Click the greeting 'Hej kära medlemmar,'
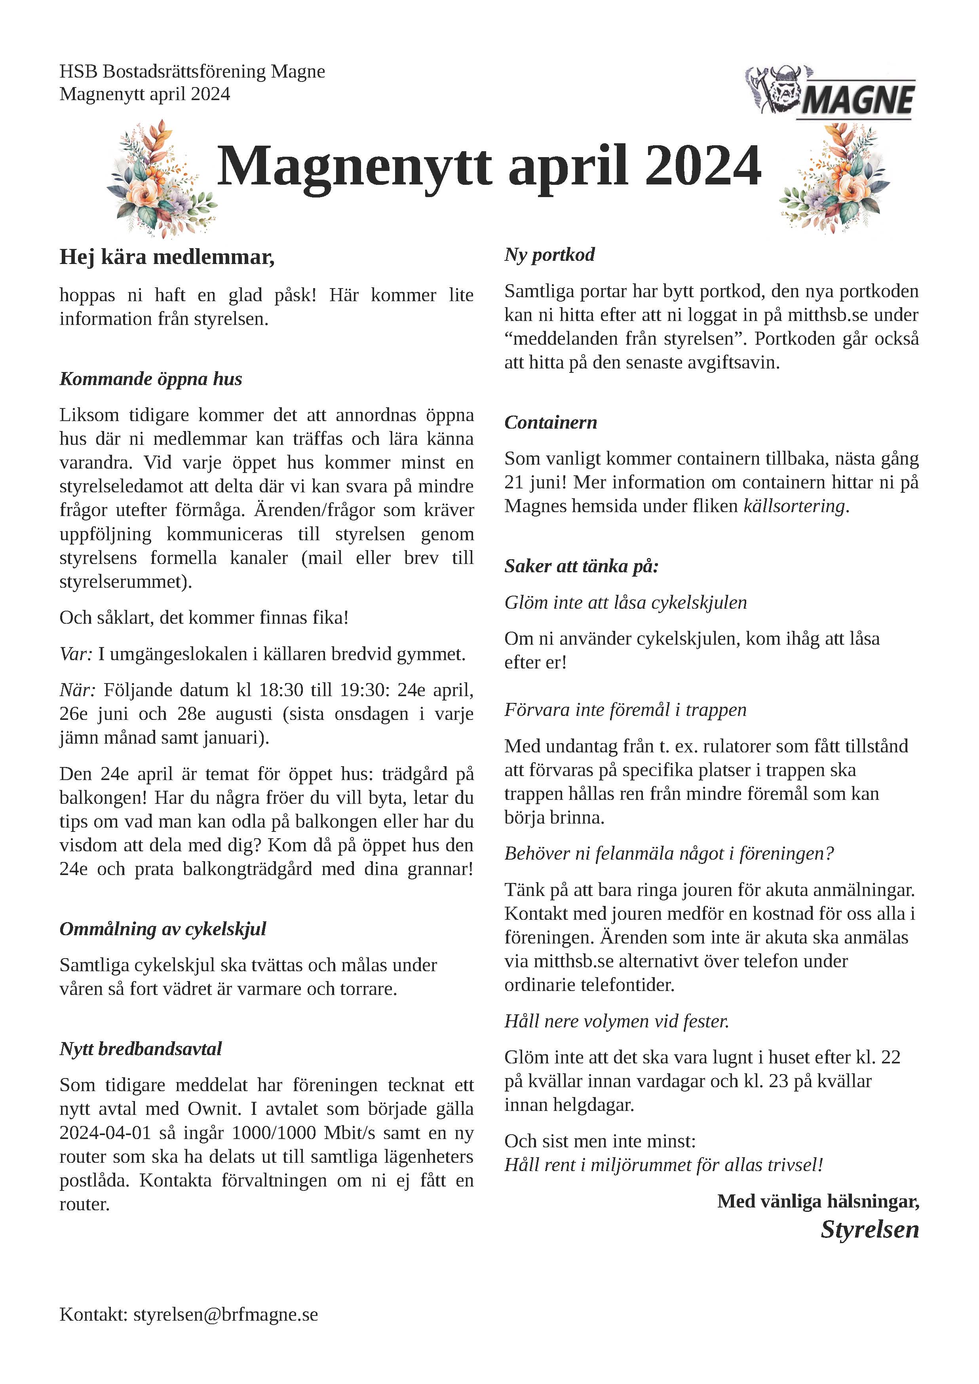click(167, 257)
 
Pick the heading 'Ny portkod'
click(549, 254)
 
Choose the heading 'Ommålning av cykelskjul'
click(163, 929)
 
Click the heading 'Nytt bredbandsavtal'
click(141, 1049)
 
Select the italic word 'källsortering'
click(794, 506)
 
